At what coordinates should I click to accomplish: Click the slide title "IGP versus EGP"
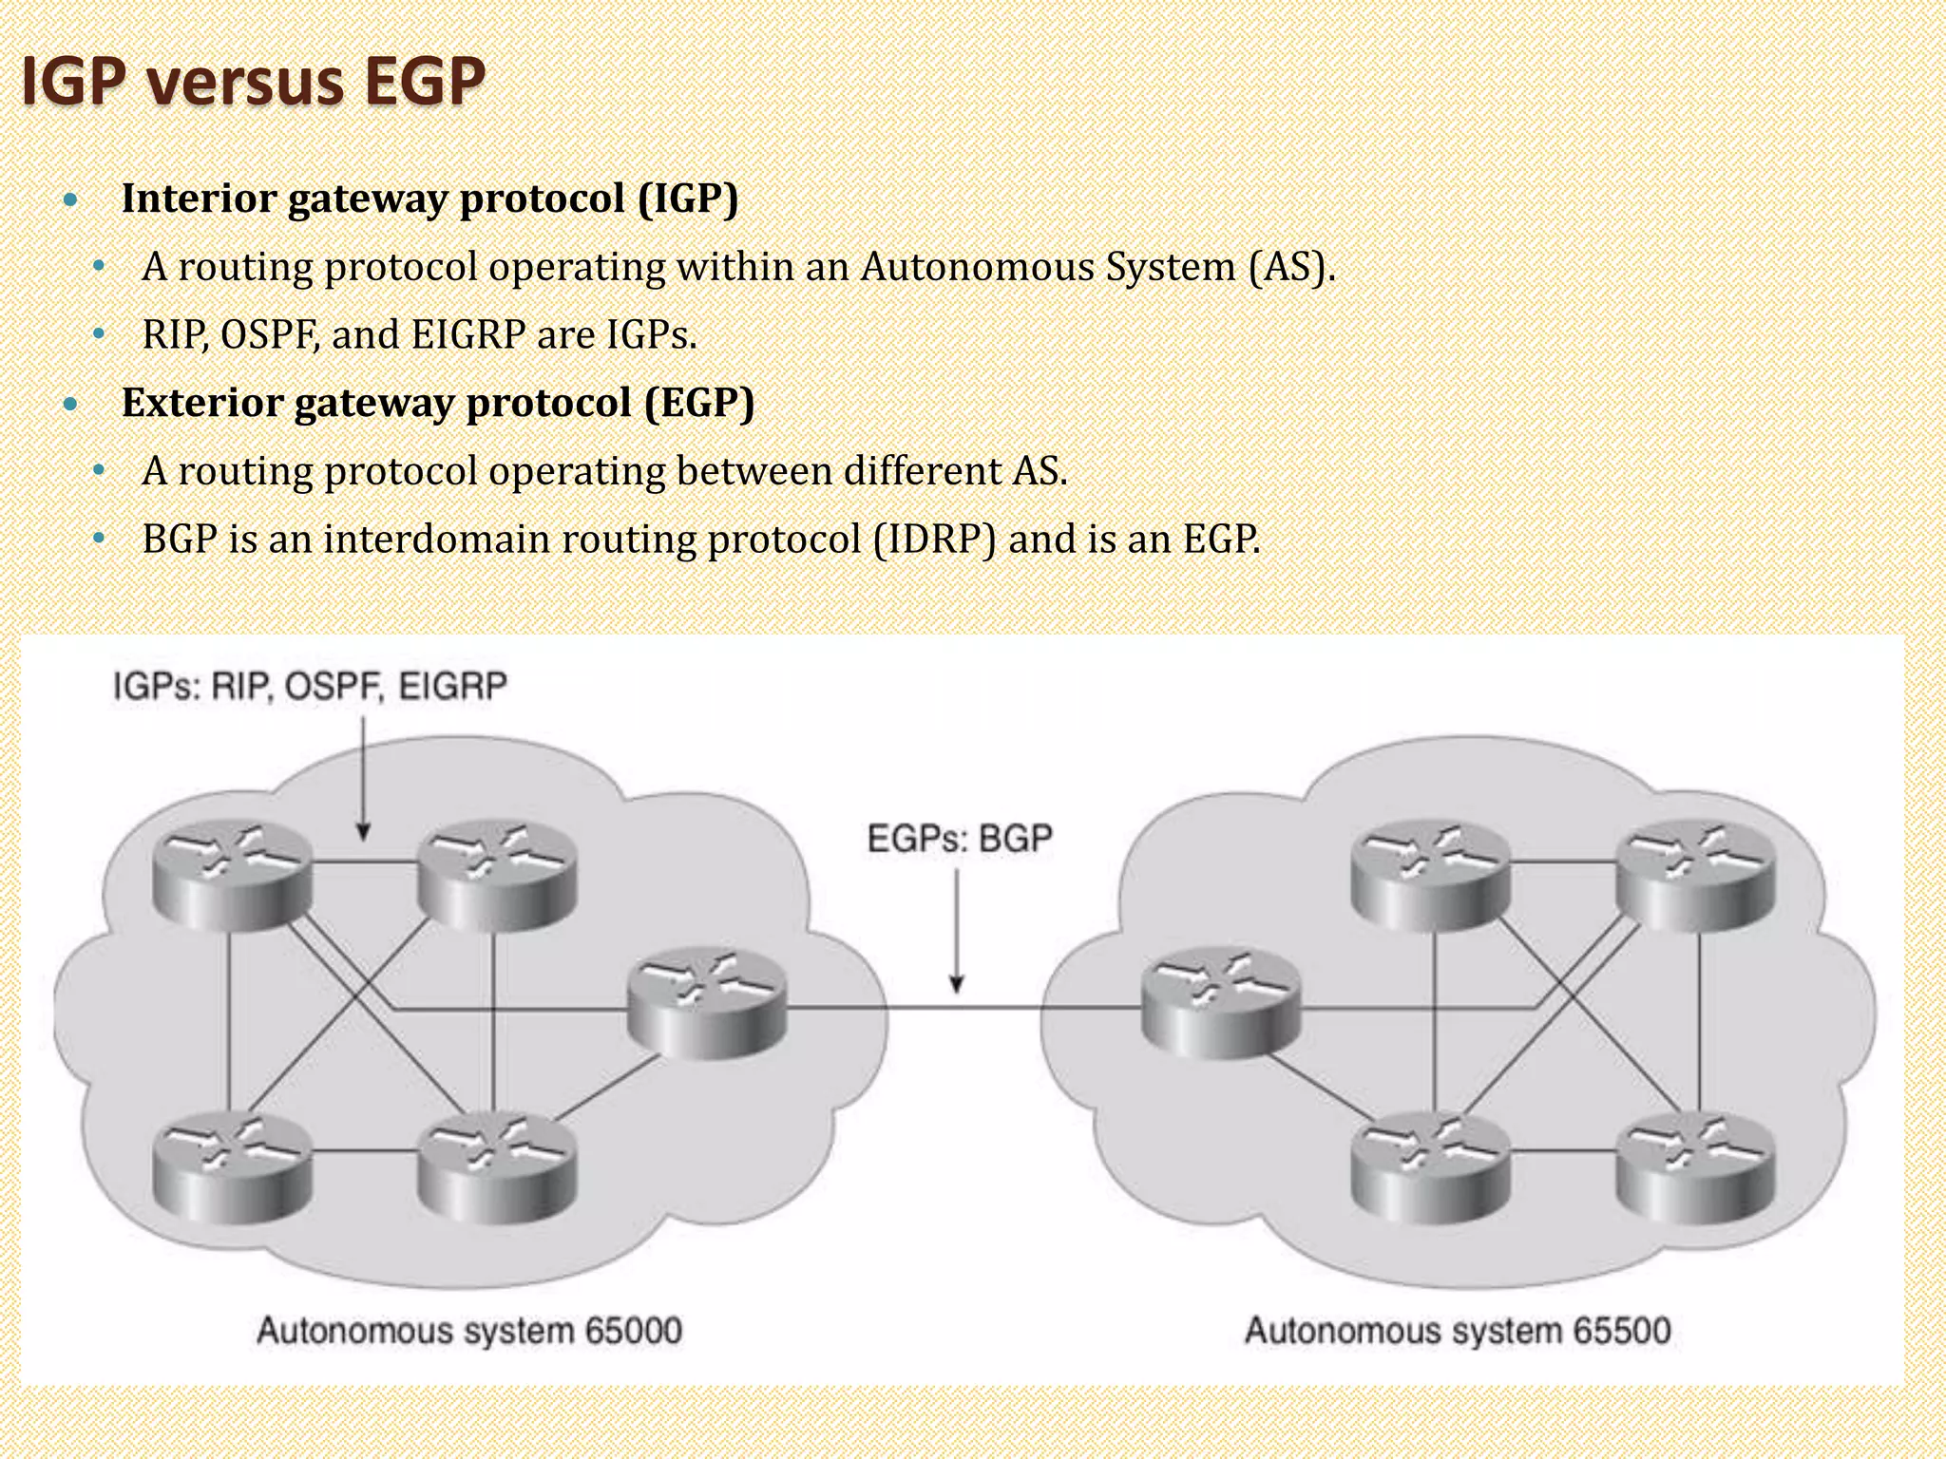click(x=253, y=82)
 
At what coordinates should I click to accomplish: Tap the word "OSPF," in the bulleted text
click(x=270, y=334)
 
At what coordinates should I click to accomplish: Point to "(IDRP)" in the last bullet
click(x=935, y=540)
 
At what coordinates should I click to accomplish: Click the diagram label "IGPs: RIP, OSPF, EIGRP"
click(x=310, y=686)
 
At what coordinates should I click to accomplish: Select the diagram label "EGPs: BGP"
click(x=960, y=839)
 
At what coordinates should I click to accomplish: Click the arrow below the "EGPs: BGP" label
click(x=957, y=931)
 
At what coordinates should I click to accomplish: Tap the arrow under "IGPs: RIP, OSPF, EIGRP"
click(x=363, y=779)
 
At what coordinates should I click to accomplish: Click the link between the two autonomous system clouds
click(x=960, y=1007)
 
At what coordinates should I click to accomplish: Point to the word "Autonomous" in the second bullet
click(x=977, y=267)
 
